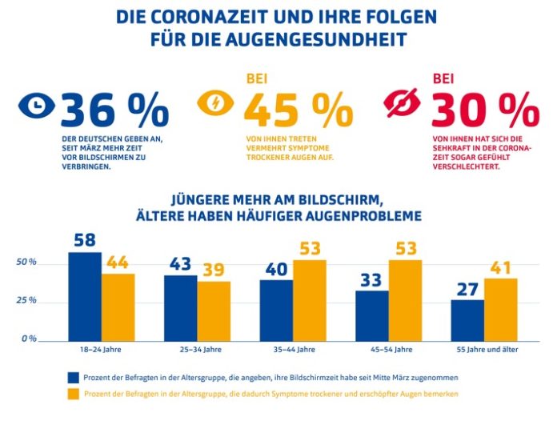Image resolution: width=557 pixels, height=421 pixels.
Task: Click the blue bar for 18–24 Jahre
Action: [x=85, y=296]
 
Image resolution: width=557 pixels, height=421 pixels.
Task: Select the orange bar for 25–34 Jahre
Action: [x=214, y=311]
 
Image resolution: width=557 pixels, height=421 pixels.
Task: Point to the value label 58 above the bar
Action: [x=85, y=240]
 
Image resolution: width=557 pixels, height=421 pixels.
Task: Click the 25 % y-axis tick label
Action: [x=27, y=301]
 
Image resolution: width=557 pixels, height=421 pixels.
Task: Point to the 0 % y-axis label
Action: [x=29, y=339]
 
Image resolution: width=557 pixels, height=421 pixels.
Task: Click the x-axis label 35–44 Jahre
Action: [x=293, y=350]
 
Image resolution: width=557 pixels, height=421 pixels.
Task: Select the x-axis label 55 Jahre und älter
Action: [x=485, y=350]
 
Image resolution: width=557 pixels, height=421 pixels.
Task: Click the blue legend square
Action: [x=72, y=376]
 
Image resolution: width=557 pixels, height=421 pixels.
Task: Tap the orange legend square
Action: [x=72, y=394]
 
